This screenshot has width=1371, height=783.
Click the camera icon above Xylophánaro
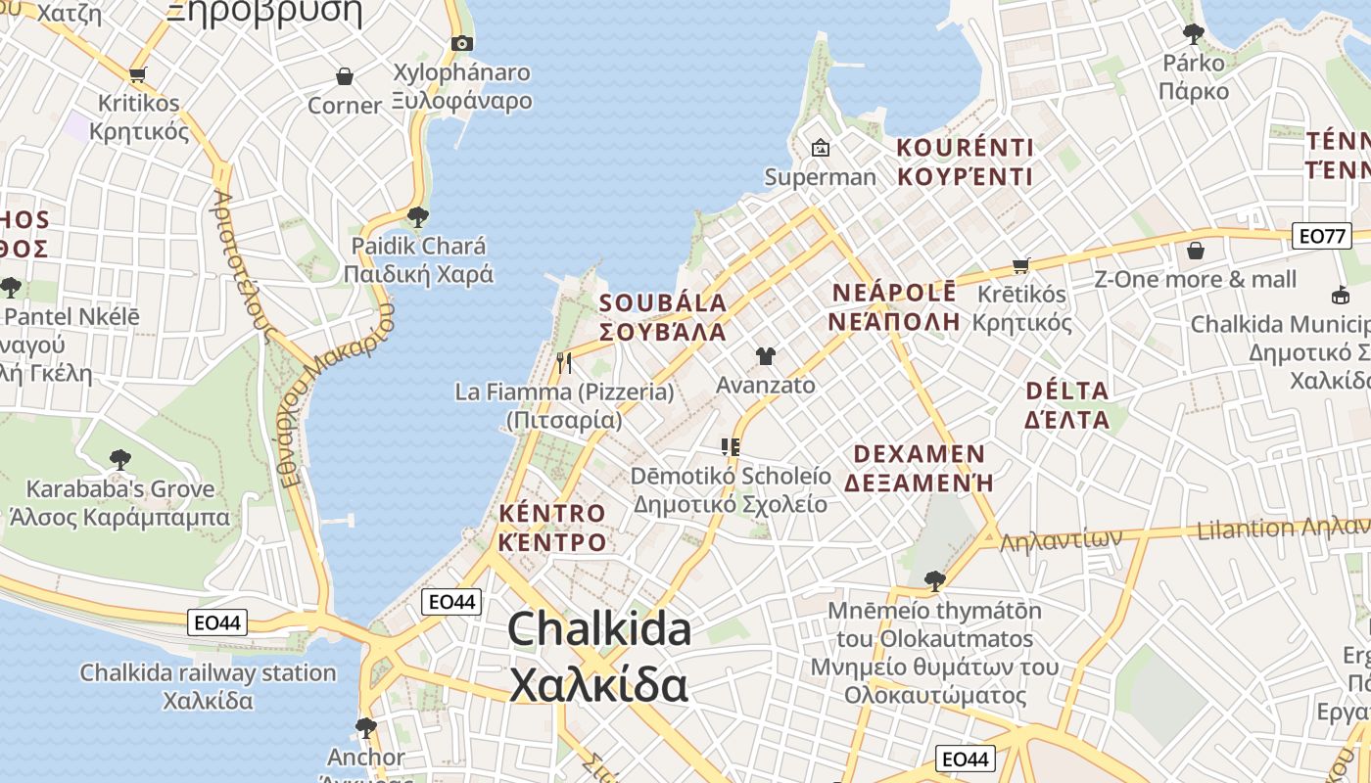[x=462, y=43]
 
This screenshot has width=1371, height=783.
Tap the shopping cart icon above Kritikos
[x=138, y=74]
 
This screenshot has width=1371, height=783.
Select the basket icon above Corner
[x=345, y=76]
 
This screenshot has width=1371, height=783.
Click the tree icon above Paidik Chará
[x=418, y=216]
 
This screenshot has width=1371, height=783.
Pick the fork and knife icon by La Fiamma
[x=564, y=363]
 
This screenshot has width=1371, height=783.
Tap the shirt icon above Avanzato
[x=766, y=356]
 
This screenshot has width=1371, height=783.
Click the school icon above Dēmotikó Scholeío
[x=730, y=447]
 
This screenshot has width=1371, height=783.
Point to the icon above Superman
[x=821, y=148]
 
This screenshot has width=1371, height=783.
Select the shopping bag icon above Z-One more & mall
[x=1195, y=251]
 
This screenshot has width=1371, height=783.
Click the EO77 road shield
[x=1321, y=236]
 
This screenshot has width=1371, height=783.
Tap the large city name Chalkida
[x=599, y=628]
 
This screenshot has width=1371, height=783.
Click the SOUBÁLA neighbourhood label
[x=663, y=303]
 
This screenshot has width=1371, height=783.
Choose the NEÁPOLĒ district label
[x=894, y=293]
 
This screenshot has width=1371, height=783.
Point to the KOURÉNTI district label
[x=966, y=148]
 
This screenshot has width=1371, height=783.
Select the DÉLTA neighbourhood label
[x=1066, y=391]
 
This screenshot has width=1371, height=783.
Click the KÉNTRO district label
[x=552, y=513]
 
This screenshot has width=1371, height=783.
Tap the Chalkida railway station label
[x=208, y=673]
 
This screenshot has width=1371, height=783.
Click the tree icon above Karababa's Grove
[x=120, y=459]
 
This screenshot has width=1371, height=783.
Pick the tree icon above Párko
[x=1194, y=34]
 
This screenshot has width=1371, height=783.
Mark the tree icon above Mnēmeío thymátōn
[x=935, y=580]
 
